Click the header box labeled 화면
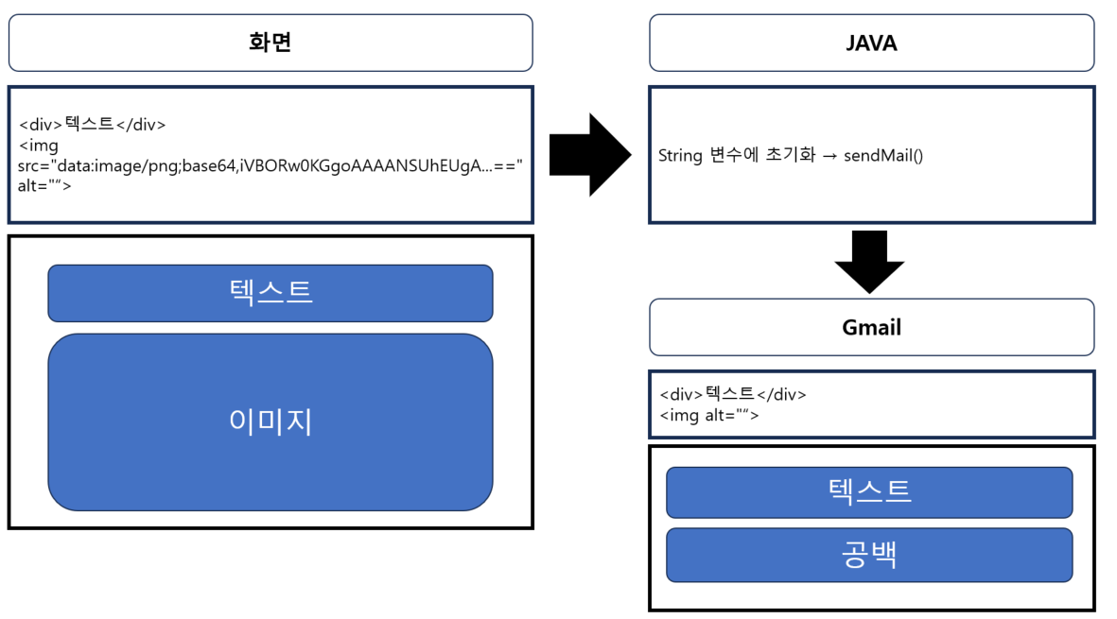[271, 43]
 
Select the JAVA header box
[871, 43]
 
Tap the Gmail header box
[871, 327]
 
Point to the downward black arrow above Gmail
[870, 261]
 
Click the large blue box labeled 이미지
[271, 421]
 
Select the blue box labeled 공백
[869, 555]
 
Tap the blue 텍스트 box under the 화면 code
[271, 292]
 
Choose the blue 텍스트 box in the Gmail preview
[869, 491]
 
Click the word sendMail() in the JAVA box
[883, 155]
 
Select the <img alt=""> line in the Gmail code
[709, 414]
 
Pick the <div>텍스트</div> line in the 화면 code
[93, 124]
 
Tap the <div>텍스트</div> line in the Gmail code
[733, 394]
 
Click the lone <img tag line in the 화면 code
[39, 145]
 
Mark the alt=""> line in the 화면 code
[44, 185]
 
